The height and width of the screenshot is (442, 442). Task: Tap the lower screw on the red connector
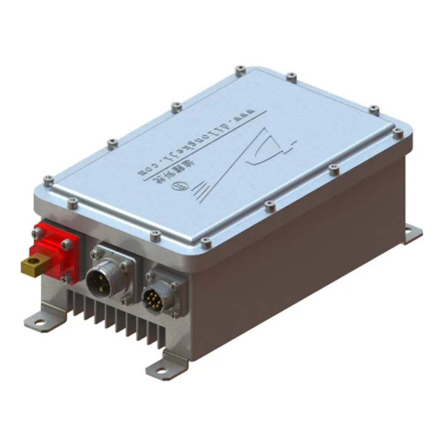click(66, 279)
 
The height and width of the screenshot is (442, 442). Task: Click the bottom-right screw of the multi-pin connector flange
click(176, 314)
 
